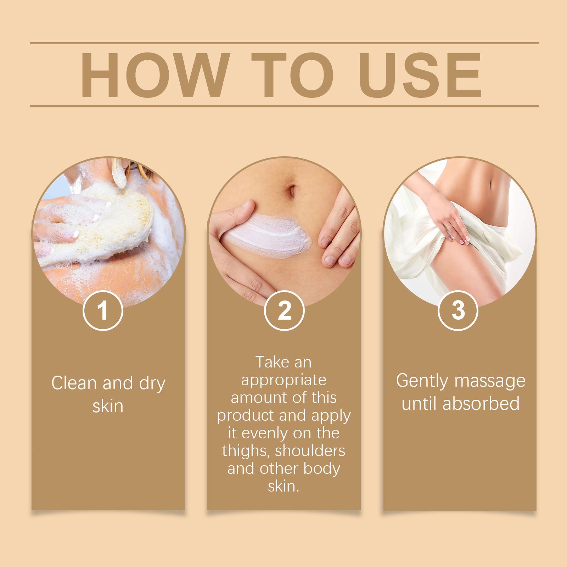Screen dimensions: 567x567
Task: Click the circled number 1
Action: coord(103,310)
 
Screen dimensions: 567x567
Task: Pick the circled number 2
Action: coord(284,310)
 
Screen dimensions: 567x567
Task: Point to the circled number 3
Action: coord(458,310)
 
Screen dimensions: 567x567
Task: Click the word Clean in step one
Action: coord(74,383)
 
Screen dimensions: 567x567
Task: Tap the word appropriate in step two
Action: coord(283,380)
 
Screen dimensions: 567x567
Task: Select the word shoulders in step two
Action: coord(310,451)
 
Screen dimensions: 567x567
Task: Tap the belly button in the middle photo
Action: coord(293,190)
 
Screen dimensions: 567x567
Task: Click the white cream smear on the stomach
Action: coord(269,234)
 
